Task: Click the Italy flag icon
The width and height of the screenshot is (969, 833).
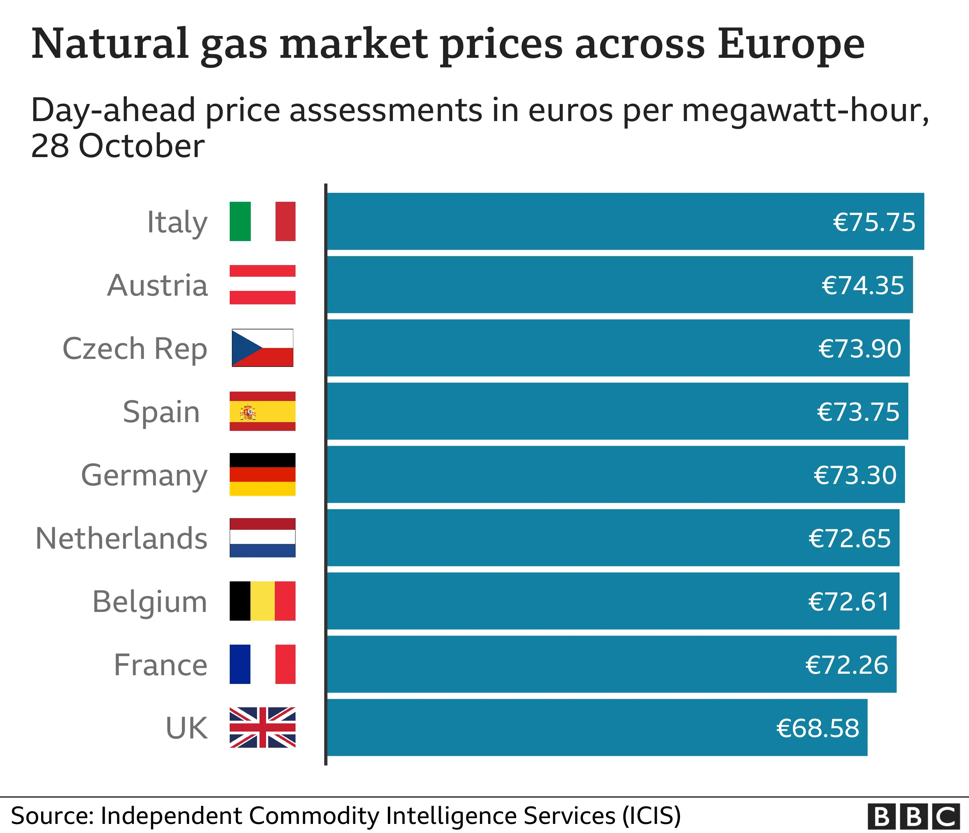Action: (x=262, y=221)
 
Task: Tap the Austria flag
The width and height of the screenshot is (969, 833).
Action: (x=262, y=284)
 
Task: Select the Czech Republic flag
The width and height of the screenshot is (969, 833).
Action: (x=262, y=348)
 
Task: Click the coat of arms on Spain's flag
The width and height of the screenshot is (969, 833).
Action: (x=248, y=413)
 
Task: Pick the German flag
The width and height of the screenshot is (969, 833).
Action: (x=262, y=474)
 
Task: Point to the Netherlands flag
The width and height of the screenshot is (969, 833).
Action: (x=262, y=537)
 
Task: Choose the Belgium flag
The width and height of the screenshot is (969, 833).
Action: (x=262, y=601)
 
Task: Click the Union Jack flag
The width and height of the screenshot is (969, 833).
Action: (x=262, y=727)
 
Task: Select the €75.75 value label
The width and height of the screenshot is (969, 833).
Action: (x=874, y=222)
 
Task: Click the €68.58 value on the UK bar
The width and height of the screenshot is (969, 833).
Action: (x=817, y=728)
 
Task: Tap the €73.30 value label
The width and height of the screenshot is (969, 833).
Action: (x=855, y=475)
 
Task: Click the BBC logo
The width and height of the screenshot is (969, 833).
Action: (x=913, y=817)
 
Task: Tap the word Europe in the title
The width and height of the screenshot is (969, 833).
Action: (x=790, y=44)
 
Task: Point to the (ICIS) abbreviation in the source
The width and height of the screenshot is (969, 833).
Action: (x=651, y=816)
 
